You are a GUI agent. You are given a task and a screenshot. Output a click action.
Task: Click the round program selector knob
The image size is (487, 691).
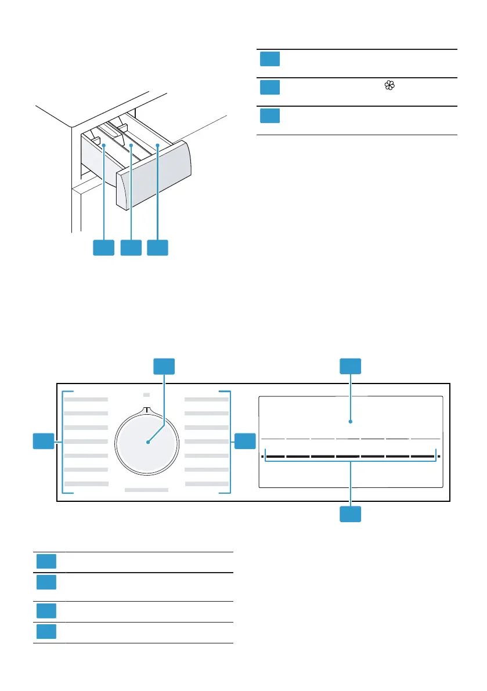[147, 442]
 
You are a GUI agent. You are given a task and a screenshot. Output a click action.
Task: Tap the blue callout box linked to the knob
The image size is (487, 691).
[164, 366]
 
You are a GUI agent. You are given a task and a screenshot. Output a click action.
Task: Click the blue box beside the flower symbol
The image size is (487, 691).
[269, 87]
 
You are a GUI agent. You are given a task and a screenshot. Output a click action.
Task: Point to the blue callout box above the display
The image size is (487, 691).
[350, 366]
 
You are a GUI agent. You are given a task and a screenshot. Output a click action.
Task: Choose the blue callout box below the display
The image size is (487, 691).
[350, 514]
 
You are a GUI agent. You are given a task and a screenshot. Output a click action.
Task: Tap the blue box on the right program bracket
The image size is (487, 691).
[245, 440]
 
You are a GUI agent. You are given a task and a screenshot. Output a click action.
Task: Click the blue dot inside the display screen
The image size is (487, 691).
[350, 422]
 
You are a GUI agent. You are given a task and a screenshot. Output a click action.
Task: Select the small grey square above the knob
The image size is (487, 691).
[146, 395]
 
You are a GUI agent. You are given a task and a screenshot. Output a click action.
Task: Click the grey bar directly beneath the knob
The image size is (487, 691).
[146, 490]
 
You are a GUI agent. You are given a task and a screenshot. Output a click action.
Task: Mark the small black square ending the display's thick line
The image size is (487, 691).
[439, 457]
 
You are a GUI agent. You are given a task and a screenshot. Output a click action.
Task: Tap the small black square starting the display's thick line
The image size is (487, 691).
[262, 457]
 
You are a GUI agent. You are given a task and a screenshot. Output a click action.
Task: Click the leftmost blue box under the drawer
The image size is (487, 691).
[104, 248]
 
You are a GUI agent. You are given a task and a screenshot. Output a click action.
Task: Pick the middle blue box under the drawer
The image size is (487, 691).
[131, 248]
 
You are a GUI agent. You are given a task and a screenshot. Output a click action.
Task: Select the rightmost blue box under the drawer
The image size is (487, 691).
[157, 248]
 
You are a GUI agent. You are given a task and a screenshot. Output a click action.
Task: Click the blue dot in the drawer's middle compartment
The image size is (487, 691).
[131, 147]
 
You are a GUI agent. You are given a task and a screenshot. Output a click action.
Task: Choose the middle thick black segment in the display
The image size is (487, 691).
[348, 457]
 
